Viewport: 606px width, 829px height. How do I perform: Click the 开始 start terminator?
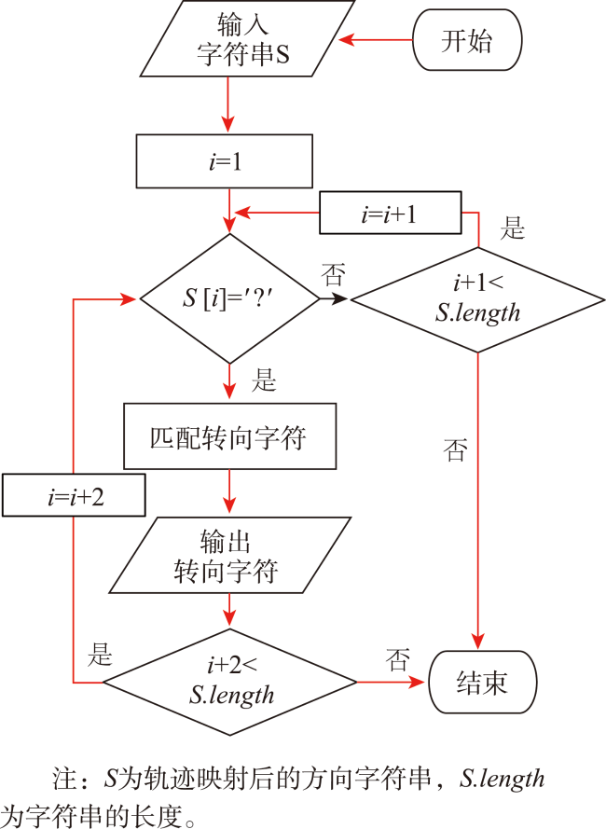point(467,40)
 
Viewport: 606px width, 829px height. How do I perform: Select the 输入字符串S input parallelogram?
point(247,38)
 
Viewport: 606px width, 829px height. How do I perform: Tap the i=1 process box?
point(224,161)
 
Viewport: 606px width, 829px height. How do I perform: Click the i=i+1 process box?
point(391,213)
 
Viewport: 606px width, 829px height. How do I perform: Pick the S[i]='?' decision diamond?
point(229,298)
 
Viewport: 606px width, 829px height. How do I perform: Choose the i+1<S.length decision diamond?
point(477,299)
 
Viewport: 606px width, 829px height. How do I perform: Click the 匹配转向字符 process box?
point(229,436)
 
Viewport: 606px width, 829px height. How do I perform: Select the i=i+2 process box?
point(74,495)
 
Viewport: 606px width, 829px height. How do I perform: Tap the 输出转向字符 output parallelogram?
point(230,555)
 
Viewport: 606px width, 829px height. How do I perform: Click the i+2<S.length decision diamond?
point(229,682)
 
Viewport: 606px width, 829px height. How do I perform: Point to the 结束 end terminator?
point(482,682)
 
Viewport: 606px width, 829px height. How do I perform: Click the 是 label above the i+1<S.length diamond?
point(513,228)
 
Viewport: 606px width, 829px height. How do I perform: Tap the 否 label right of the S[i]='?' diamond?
point(333,275)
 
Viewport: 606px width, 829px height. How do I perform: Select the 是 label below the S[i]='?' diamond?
point(264,380)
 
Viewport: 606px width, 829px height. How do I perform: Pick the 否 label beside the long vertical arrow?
point(455,450)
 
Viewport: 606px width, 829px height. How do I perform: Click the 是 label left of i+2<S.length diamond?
point(100,654)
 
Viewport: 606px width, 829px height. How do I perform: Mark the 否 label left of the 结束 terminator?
point(398,660)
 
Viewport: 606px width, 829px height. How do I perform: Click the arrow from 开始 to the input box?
point(376,40)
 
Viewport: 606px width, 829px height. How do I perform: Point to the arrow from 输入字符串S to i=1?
point(227,104)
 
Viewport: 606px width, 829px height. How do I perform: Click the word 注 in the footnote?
point(64,779)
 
